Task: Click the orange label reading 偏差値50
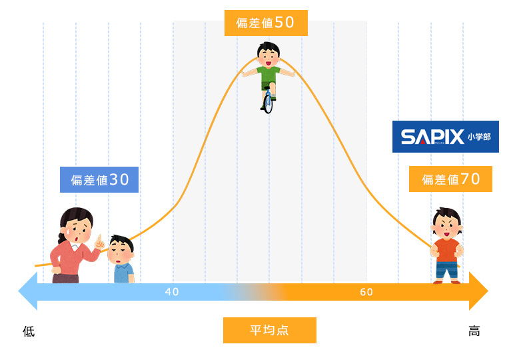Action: pos(266,23)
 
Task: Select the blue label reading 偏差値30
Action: pos(99,180)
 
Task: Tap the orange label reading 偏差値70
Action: pos(450,179)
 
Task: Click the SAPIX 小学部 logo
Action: pos(446,137)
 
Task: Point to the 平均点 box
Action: pos(270,330)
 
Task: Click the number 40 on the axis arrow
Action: pos(172,291)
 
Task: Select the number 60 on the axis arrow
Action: pos(366,292)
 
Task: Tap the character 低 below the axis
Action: pos(29,331)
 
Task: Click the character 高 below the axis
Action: pos(474,331)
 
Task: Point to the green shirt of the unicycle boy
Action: pos(268,75)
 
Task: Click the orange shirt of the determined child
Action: pos(447,251)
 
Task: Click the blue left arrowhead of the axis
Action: pos(28,291)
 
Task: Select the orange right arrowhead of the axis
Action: pos(478,291)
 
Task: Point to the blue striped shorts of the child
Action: pos(447,269)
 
